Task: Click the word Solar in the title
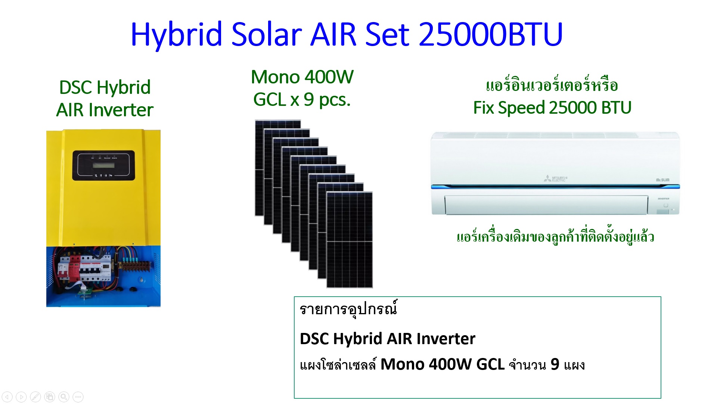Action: pyautogui.click(x=266, y=34)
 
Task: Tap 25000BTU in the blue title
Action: pyautogui.click(x=491, y=34)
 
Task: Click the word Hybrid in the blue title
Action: pyautogui.click(x=176, y=35)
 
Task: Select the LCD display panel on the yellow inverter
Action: pyautogui.click(x=103, y=165)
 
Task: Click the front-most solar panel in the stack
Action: pyautogui.click(x=350, y=240)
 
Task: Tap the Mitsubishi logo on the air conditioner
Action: pyautogui.click(x=555, y=178)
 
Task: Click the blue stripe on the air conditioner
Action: pyautogui.click(x=555, y=186)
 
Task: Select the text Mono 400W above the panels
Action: pyautogui.click(x=302, y=77)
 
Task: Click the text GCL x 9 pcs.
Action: pyautogui.click(x=302, y=100)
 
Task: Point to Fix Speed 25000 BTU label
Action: pyautogui.click(x=552, y=108)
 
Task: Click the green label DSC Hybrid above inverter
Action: pyautogui.click(x=105, y=87)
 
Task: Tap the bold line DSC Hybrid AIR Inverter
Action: pyautogui.click(x=388, y=339)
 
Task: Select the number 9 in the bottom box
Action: pyautogui.click(x=555, y=364)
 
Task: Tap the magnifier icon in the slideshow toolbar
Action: pyautogui.click(x=64, y=397)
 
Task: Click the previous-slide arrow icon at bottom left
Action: pyautogui.click(x=7, y=397)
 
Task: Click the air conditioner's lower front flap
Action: pyautogui.click(x=546, y=205)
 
